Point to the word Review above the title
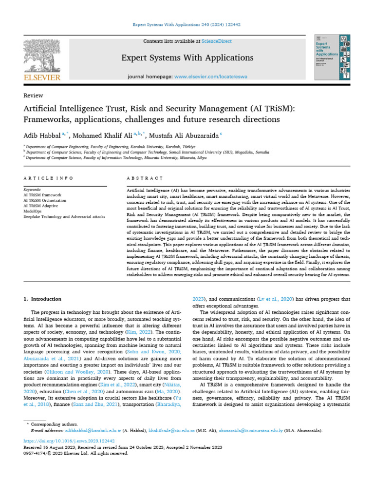point(33,96)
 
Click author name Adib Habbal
point(41,134)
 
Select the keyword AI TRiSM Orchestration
point(45,200)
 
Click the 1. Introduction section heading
point(43,299)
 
